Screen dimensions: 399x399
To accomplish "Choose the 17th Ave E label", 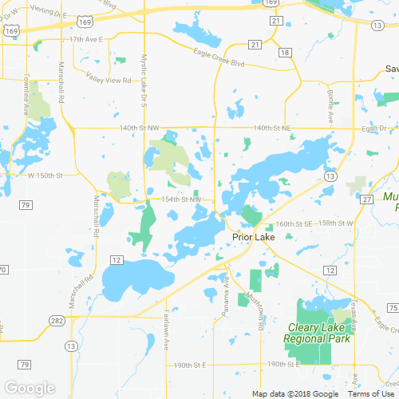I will (89, 38).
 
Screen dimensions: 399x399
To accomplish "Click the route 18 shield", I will (285, 52).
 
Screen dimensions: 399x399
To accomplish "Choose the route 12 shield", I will (117, 260).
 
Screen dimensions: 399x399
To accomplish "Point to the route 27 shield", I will (366, 199).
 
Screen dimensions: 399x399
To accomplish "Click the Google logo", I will (29, 389).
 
